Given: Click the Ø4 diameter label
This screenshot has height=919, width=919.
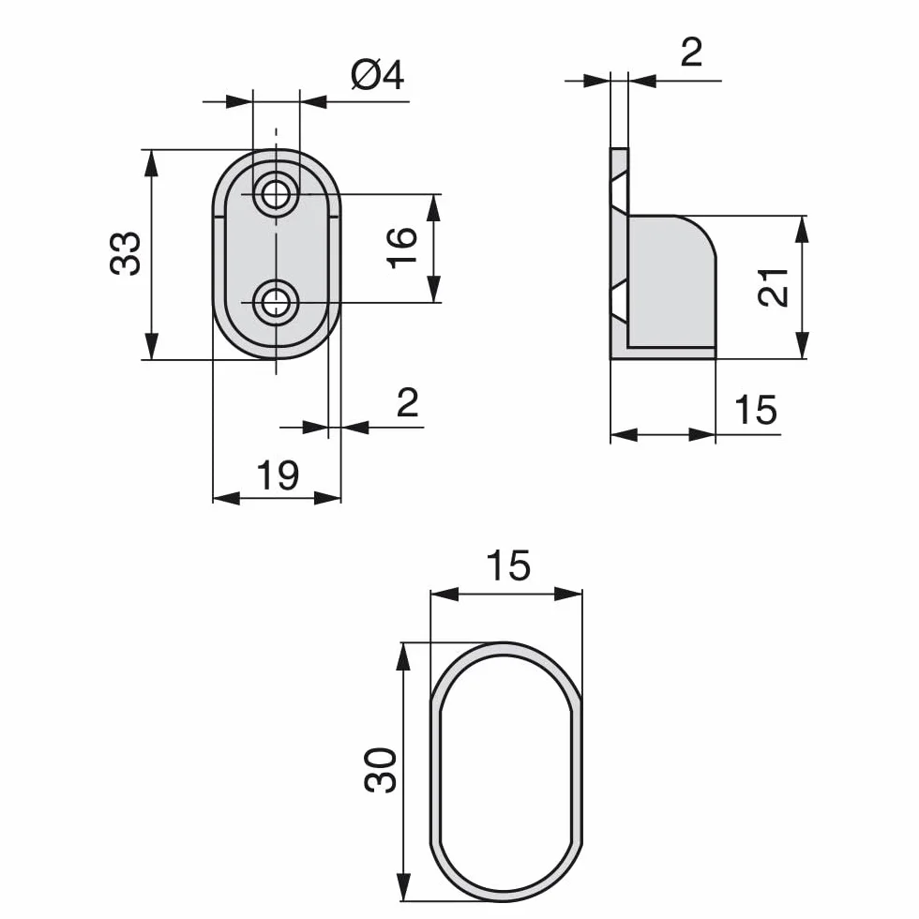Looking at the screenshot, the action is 377,76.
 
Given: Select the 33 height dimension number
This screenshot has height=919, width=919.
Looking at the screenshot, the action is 126,253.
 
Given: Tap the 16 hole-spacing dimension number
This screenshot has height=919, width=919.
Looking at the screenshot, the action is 402,248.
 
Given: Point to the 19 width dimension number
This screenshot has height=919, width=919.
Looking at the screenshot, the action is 278,475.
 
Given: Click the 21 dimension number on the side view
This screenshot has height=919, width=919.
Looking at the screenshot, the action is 773,287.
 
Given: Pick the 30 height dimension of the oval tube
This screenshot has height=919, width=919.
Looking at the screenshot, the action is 381,770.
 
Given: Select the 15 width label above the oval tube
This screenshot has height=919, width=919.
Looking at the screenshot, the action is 508,565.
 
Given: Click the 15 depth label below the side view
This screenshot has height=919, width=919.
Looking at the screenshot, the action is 756,409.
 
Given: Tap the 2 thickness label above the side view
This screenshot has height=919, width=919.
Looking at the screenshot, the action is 692,53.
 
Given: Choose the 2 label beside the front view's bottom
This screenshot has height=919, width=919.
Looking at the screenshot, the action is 407,402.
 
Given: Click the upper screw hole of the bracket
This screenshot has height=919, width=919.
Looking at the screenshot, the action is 276,194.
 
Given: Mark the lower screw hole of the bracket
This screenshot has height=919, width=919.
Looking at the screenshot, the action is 276,303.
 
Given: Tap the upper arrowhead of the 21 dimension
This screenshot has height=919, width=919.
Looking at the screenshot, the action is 803,229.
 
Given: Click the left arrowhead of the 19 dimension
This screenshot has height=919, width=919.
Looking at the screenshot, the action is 226,499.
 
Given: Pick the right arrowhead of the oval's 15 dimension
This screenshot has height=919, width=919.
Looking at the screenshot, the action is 568,595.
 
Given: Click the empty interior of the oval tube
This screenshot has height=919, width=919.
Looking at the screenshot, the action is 505,771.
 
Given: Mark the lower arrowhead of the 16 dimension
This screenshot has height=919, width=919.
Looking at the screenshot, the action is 433,289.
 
